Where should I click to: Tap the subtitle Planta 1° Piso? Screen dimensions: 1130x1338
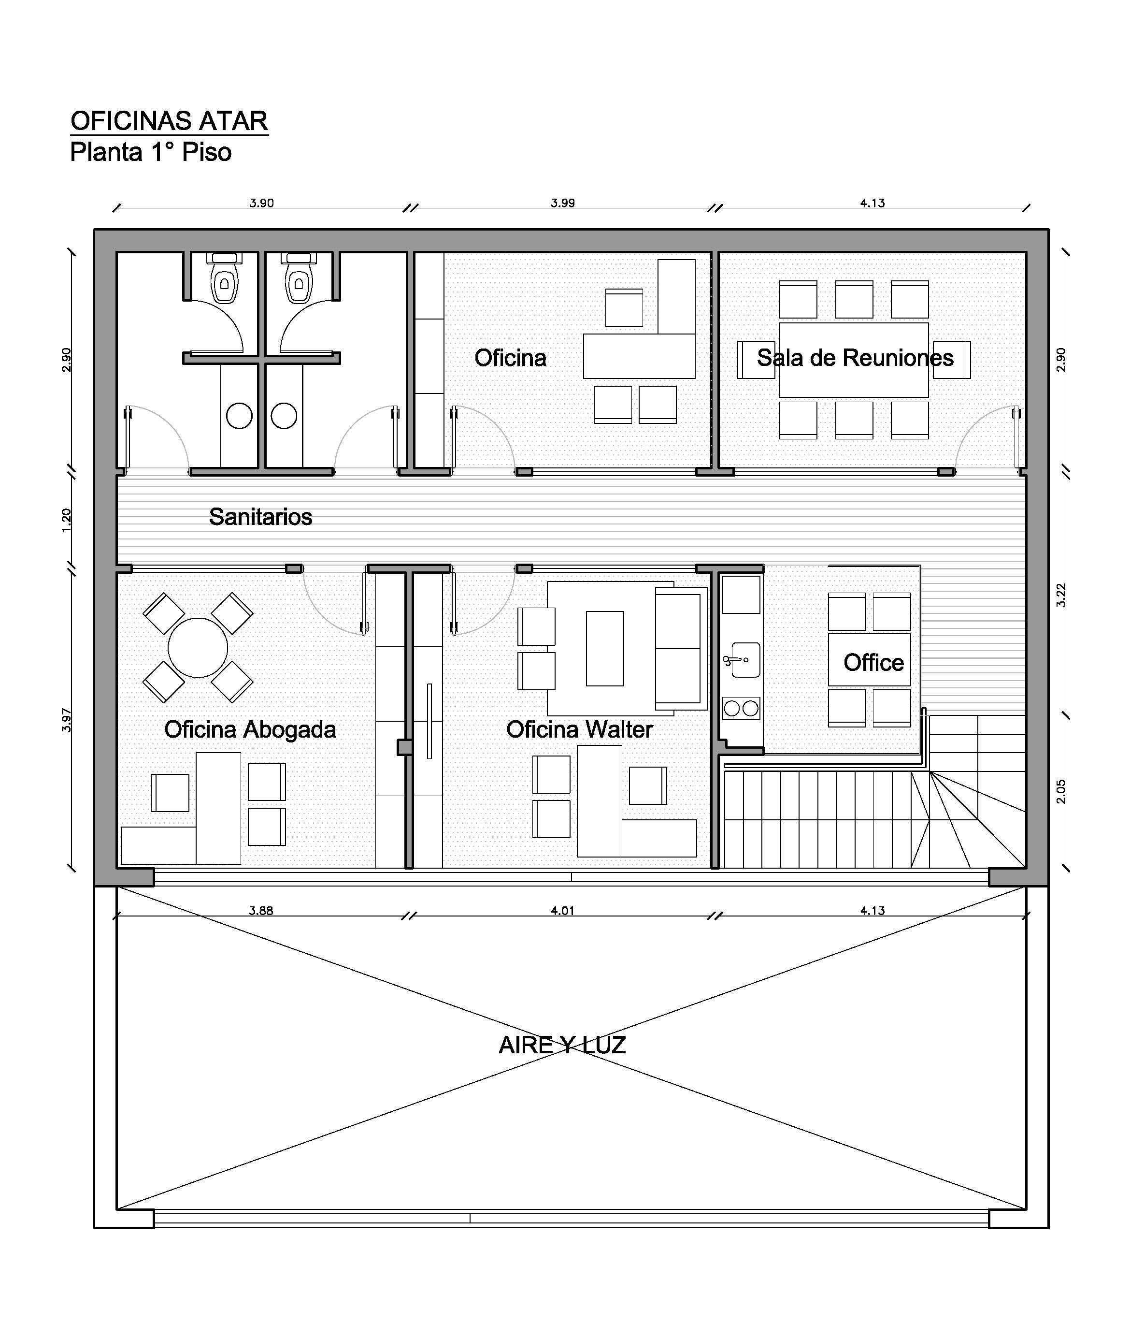(151, 152)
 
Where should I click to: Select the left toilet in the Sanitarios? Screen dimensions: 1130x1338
(224, 278)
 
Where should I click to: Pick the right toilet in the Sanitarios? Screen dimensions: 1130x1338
(299, 278)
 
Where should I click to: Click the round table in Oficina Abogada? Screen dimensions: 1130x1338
(198, 647)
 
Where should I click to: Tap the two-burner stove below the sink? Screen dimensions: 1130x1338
(741, 708)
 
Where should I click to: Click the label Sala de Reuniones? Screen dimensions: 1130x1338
(855, 358)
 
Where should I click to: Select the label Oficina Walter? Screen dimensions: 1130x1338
(580, 729)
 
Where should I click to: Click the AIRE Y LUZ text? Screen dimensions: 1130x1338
(562, 1045)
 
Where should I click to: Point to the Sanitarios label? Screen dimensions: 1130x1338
(261, 516)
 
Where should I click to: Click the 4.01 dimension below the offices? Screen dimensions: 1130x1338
(562, 911)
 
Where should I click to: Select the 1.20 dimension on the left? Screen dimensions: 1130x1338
(67, 520)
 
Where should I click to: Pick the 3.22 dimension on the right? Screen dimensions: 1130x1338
(1061, 596)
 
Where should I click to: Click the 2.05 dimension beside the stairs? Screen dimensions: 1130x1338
(1061, 791)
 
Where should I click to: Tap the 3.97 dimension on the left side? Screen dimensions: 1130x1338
(67, 720)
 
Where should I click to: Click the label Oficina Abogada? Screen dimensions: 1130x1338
(250, 729)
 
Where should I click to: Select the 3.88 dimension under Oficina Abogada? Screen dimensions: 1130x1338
(261, 911)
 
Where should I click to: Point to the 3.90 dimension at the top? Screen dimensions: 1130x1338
(262, 203)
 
